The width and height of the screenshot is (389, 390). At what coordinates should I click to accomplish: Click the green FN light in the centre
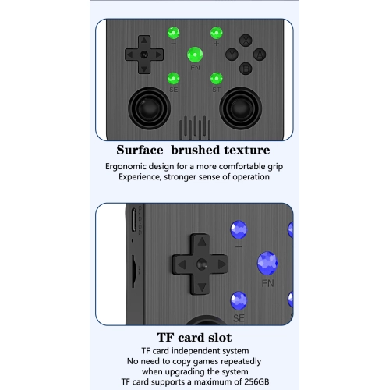pyautogui.click(x=195, y=55)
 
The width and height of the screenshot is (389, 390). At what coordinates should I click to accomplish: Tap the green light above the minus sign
pyautogui.click(x=174, y=33)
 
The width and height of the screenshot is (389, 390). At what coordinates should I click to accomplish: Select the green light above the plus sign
pyautogui.click(x=216, y=33)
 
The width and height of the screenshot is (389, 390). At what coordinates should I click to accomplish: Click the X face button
pyautogui.click(x=245, y=40)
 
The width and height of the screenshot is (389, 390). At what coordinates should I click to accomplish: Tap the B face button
pyautogui.click(x=245, y=68)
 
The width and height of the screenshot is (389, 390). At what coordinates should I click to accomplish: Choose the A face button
pyautogui.click(x=260, y=54)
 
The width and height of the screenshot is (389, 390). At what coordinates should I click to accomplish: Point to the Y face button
pyautogui.click(x=231, y=54)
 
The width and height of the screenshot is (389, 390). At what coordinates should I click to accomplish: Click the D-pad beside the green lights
pyautogui.click(x=143, y=54)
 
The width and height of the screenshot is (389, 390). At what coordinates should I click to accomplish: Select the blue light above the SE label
pyautogui.click(x=239, y=300)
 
